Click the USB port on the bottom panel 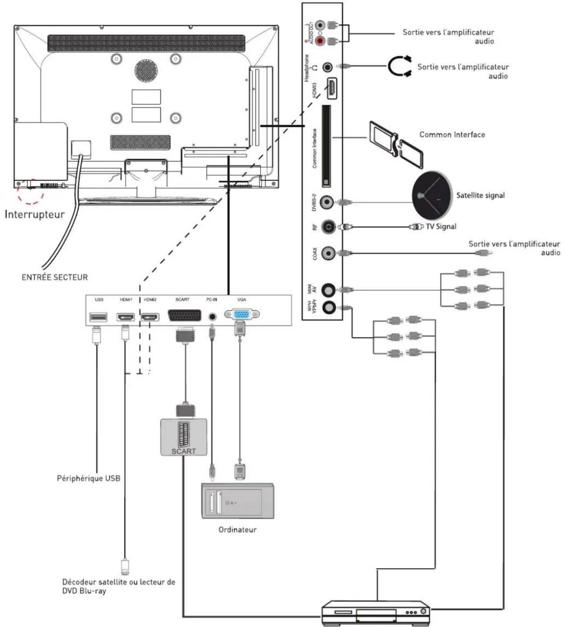[x=98, y=317]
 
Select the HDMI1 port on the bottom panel [x=125, y=317]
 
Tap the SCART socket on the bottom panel [x=184, y=316]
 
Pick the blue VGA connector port [x=241, y=315]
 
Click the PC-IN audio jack [x=212, y=317]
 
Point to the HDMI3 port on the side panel [x=332, y=88]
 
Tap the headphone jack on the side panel [x=327, y=67]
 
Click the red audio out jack [x=320, y=41]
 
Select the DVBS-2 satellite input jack [x=327, y=202]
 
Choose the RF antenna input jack [x=328, y=227]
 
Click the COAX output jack [x=328, y=253]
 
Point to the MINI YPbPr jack [x=328, y=307]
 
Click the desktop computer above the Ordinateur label [x=237, y=500]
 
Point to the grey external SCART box [x=183, y=437]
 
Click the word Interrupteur [x=35, y=214]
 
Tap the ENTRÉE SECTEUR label [x=54, y=277]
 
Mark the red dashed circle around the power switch [x=31, y=191]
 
